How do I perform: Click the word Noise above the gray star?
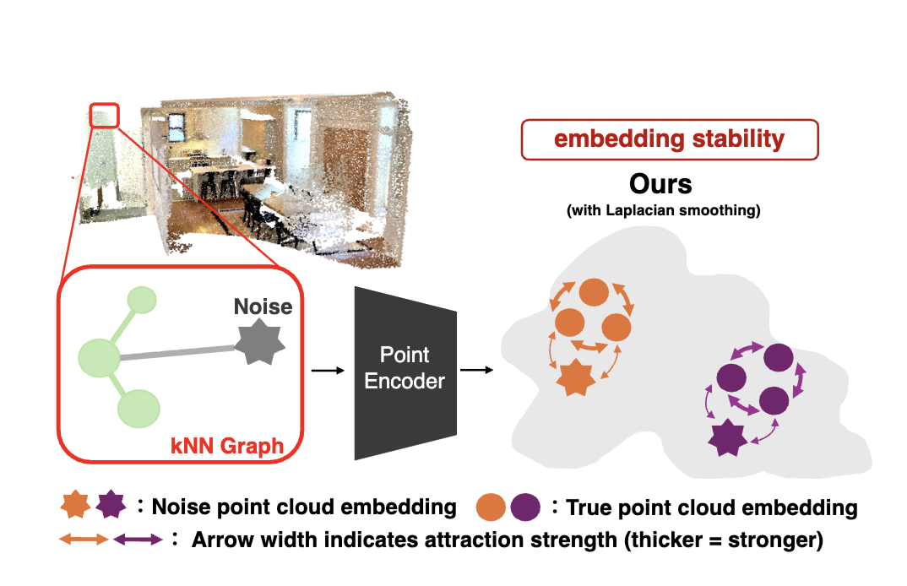[x=263, y=306]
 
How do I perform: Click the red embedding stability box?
[x=670, y=139]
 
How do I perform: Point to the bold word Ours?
[x=661, y=184]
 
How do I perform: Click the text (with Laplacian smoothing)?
[x=664, y=210]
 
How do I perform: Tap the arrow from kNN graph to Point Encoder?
[x=328, y=370]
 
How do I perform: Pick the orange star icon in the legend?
[x=76, y=506]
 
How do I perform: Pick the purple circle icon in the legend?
[x=524, y=507]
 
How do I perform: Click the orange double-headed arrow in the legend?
[x=84, y=539]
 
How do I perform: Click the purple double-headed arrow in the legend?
[x=138, y=539]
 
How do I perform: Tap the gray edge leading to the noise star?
[x=177, y=353]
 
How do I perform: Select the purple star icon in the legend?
[x=111, y=506]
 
